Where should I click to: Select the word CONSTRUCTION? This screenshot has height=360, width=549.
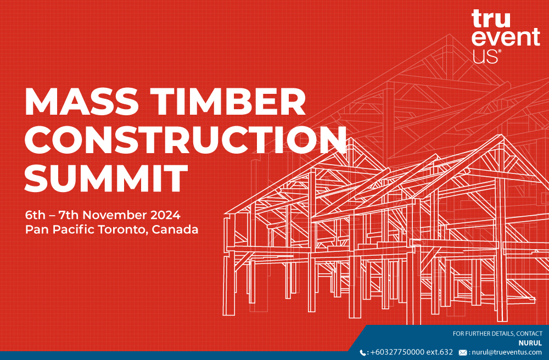186,139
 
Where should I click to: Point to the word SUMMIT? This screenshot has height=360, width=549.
106,178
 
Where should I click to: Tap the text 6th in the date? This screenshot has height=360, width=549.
35,215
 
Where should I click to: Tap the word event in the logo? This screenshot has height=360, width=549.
506,37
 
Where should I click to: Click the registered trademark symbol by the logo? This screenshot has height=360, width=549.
500,51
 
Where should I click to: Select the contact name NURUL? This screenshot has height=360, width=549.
530,343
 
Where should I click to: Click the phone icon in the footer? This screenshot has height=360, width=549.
363,353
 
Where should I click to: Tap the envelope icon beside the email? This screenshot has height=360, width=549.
463,353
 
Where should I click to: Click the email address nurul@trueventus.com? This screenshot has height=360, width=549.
507,352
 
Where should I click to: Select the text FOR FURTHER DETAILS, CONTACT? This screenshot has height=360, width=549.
497,334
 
